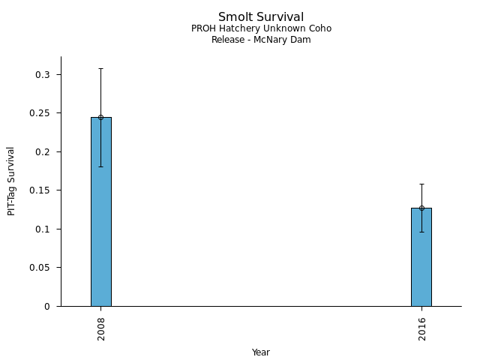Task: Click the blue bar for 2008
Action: (100, 225)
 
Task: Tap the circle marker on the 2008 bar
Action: (100, 117)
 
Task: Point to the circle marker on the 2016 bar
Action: (421, 208)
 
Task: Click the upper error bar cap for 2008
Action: (100, 68)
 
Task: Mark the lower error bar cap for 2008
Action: (100, 166)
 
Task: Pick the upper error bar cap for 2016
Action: (421, 184)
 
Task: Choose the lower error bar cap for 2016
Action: (421, 232)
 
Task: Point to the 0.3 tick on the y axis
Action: (42, 75)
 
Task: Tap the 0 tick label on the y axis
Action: (48, 306)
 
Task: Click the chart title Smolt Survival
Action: (261, 16)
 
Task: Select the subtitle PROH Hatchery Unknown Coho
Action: (261, 28)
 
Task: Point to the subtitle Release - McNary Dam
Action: (261, 40)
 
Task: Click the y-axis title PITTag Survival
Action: (11, 181)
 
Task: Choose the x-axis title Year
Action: (261, 352)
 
